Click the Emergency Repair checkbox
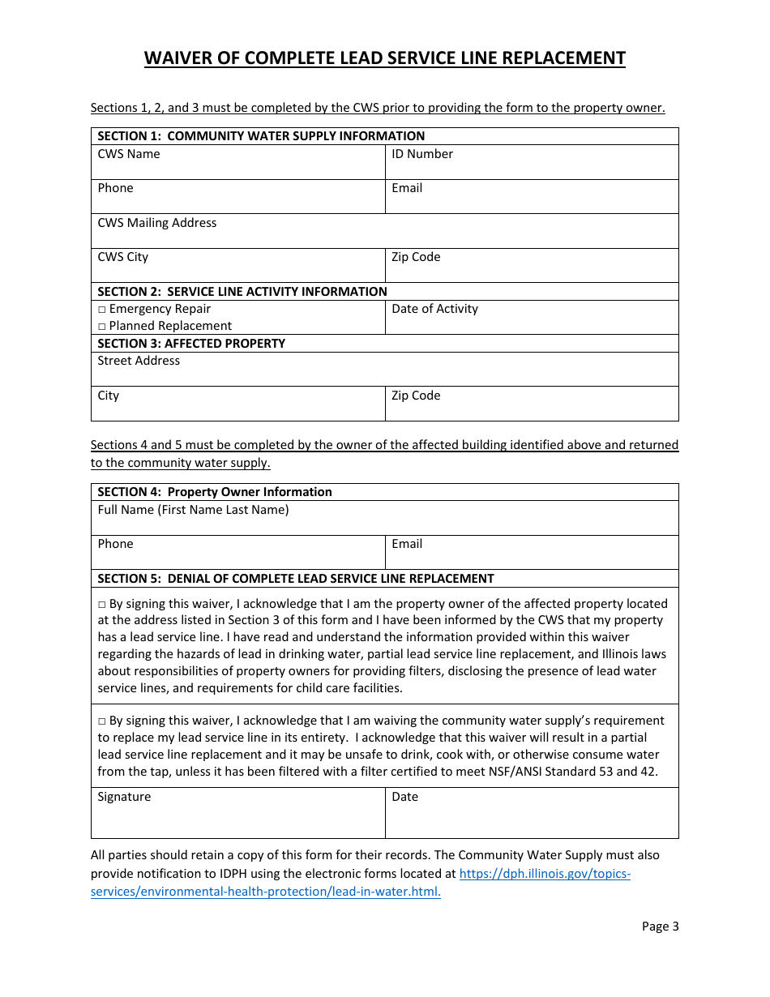point(102,310)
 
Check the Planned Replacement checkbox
point(102,327)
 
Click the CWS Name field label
point(129,154)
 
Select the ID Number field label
point(422,154)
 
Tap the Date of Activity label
point(434,309)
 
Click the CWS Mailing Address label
point(157,223)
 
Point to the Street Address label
point(139,361)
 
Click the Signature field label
point(124,797)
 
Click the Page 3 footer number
point(660,926)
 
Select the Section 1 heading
point(261,136)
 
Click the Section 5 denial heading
point(296,579)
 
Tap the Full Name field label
point(193,510)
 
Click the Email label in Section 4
point(407,544)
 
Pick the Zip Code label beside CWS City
point(416,257)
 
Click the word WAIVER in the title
point(179,58)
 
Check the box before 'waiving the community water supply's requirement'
point(102,721)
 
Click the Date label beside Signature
point(404,797)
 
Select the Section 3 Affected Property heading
point(191,344)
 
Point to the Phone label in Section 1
point(115,188)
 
